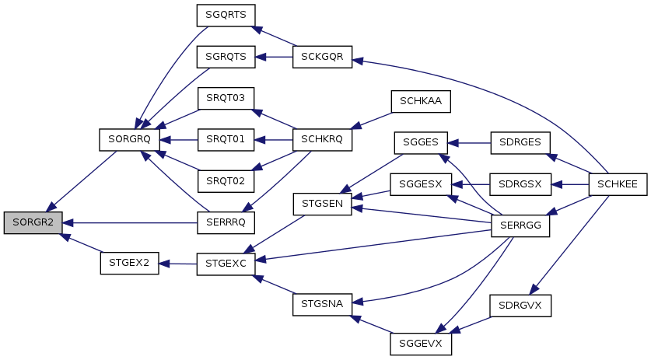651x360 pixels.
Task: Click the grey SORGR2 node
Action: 33,222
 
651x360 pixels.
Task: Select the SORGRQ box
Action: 130,140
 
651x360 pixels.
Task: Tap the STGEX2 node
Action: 129,264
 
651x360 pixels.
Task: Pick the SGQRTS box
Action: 226,16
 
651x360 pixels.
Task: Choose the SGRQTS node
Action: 226,58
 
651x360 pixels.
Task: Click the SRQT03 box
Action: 226,99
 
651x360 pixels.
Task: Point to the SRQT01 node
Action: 226,140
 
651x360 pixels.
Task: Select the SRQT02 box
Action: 226,181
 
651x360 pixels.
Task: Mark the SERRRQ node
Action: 226,222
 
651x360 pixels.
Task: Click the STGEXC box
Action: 226,264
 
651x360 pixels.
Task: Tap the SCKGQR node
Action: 322,58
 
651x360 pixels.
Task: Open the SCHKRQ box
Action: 322,140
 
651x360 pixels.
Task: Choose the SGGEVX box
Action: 420,344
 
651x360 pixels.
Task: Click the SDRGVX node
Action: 520,306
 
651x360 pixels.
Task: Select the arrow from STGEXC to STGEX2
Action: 177,264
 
